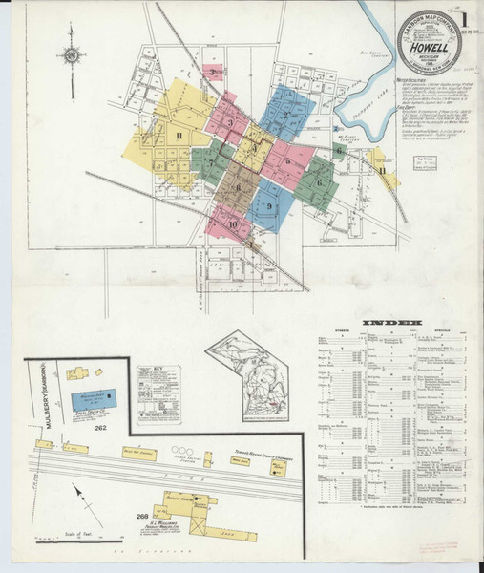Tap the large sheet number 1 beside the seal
click(463, 20)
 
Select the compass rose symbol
click(71, 54)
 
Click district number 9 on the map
click(270, 206)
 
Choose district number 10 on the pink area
click(234, 224)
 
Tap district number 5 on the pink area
click(287, 161)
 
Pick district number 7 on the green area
click(211, 163)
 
